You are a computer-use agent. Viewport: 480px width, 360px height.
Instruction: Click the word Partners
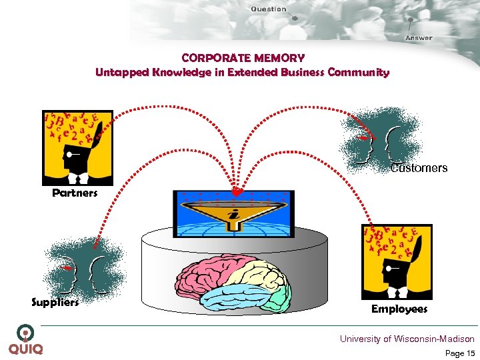[75, 193]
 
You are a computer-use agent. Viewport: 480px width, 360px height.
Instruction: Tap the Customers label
[419, 168]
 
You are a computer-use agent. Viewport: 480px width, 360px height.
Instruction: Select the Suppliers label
[55, 302]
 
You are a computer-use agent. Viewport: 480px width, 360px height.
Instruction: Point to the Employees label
[399, 309]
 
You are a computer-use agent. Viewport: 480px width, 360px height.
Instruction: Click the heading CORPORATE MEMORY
[243, 59]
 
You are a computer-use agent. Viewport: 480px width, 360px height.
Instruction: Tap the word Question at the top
[269, 9]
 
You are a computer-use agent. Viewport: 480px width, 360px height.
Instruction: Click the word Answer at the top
[419, 38]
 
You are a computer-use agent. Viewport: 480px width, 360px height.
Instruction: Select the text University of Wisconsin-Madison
[407, 339]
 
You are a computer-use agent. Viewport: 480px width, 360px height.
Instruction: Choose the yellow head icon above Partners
[77, 147]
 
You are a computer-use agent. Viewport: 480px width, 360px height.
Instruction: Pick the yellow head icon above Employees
[396, 261]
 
